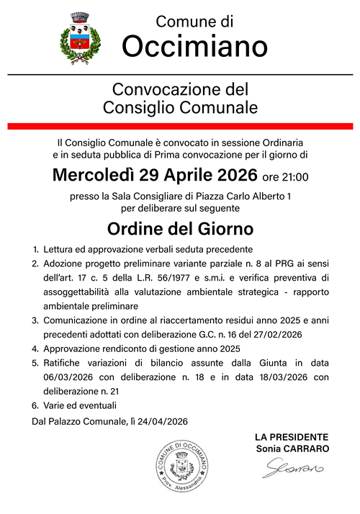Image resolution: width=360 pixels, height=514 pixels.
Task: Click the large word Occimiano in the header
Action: pyautogui.click(x=194, y=46)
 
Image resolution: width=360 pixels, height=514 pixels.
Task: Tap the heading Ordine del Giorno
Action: pyautogui.click(x=179, y=230)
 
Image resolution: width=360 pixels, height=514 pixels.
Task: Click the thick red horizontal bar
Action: pyautogui.click(x=179, y=126)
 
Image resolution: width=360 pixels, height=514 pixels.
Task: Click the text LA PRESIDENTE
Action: pyautogui.click(x=292, y=437)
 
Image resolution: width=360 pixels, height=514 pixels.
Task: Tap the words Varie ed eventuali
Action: pyautogui.click(x=81, y=405)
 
